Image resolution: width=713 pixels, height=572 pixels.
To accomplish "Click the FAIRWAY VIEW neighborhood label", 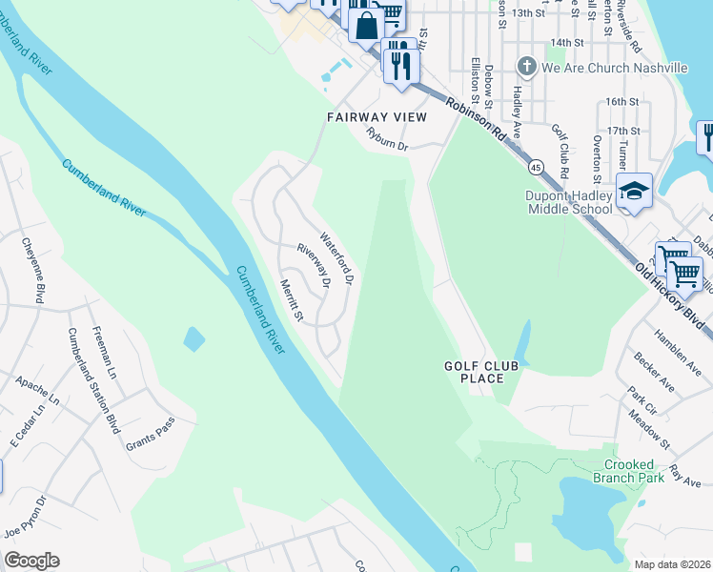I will click(x=376, y=116).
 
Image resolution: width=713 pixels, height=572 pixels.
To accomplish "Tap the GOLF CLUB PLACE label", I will click(x=474, y=372).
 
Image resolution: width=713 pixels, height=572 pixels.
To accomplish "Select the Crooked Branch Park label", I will click(x=627, y=471).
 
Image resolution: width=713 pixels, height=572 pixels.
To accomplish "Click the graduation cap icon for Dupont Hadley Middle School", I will click(x=634, y=191).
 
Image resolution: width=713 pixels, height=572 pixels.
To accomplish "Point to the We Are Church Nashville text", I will click(x=615, y=68).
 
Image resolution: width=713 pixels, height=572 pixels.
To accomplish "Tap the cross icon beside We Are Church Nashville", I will click(x=526, y=68).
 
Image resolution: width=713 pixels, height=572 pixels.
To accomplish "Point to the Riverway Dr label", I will click(x=313, y=266).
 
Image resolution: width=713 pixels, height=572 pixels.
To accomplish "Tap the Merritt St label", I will click(x=290, y=299).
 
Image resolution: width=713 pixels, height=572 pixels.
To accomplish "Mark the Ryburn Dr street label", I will click(x=387, y=146).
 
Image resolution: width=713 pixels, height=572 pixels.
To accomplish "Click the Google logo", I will click(x=31, y=561).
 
